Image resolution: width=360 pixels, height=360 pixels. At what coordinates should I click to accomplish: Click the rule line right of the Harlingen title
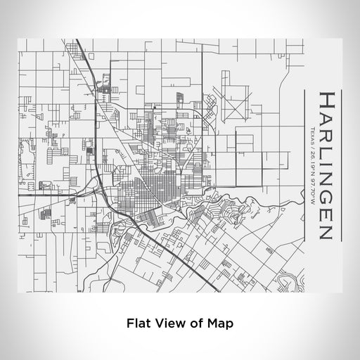[342, 166]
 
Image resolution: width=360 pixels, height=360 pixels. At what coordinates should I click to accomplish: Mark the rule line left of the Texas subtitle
[304, 166]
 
